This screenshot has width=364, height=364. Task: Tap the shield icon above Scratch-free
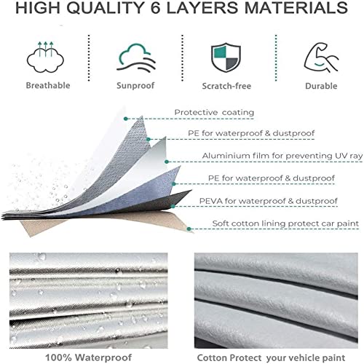click(226, 58)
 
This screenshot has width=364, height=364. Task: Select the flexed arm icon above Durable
click(321, 58)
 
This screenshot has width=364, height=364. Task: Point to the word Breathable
click(48, 85)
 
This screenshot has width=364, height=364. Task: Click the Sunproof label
click(135, 85)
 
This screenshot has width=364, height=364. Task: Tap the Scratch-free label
click(226, 86)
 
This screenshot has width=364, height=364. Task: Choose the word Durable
click(321, 86)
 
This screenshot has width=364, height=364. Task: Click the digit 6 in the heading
click(156, 7)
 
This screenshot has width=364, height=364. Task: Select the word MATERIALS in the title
click(296, 7)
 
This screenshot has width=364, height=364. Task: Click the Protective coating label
click(214, 112)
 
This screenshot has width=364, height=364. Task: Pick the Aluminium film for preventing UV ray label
click(282, 156)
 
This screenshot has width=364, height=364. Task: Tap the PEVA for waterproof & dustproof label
click(269, 201)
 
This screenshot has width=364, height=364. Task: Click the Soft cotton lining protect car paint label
click(285, 223)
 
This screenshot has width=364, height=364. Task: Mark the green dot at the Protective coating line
click(125, 119)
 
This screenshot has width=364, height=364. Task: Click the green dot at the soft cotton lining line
click(189, 229)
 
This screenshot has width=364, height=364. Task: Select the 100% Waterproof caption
click(88, 357)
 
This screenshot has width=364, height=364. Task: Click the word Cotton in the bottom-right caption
click(212, 358)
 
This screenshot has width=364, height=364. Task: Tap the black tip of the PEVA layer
click(191, 191)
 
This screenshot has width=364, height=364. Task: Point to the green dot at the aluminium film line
click(167, 162)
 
